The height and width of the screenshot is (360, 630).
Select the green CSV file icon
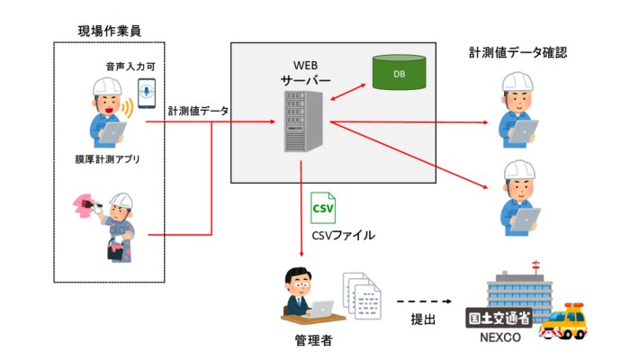322,209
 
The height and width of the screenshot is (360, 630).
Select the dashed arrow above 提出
423,301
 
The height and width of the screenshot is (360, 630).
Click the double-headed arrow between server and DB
346,90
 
